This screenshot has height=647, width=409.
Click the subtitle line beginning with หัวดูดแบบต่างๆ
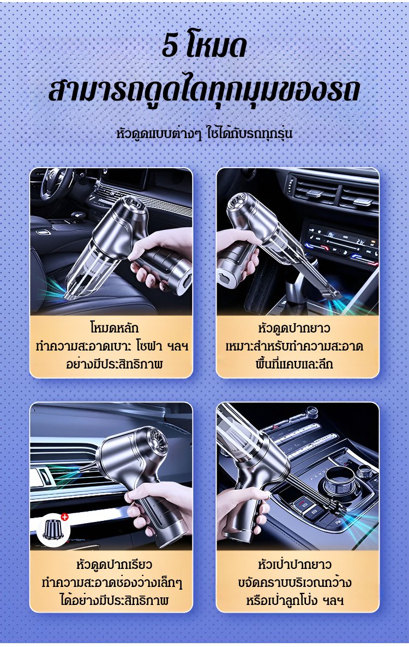tap(204, 134)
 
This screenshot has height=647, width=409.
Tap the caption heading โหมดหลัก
tap(114, 328)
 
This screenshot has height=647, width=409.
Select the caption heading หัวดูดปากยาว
tap(294, 328)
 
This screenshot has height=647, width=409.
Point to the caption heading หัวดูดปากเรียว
tap(114, 563)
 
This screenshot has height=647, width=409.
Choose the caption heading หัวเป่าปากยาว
tap(294, 563)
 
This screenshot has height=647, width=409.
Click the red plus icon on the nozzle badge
tap(64, 517)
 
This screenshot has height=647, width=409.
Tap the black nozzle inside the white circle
tap(52, 530)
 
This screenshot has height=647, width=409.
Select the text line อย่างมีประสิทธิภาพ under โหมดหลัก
tap(114, 364)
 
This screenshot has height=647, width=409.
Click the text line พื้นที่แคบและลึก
tap(294, 364)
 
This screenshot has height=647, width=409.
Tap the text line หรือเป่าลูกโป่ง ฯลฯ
tap(294, 600)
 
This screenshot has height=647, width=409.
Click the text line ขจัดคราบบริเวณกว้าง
tap(294, 582)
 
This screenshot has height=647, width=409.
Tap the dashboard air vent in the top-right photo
tap(333, 193)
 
